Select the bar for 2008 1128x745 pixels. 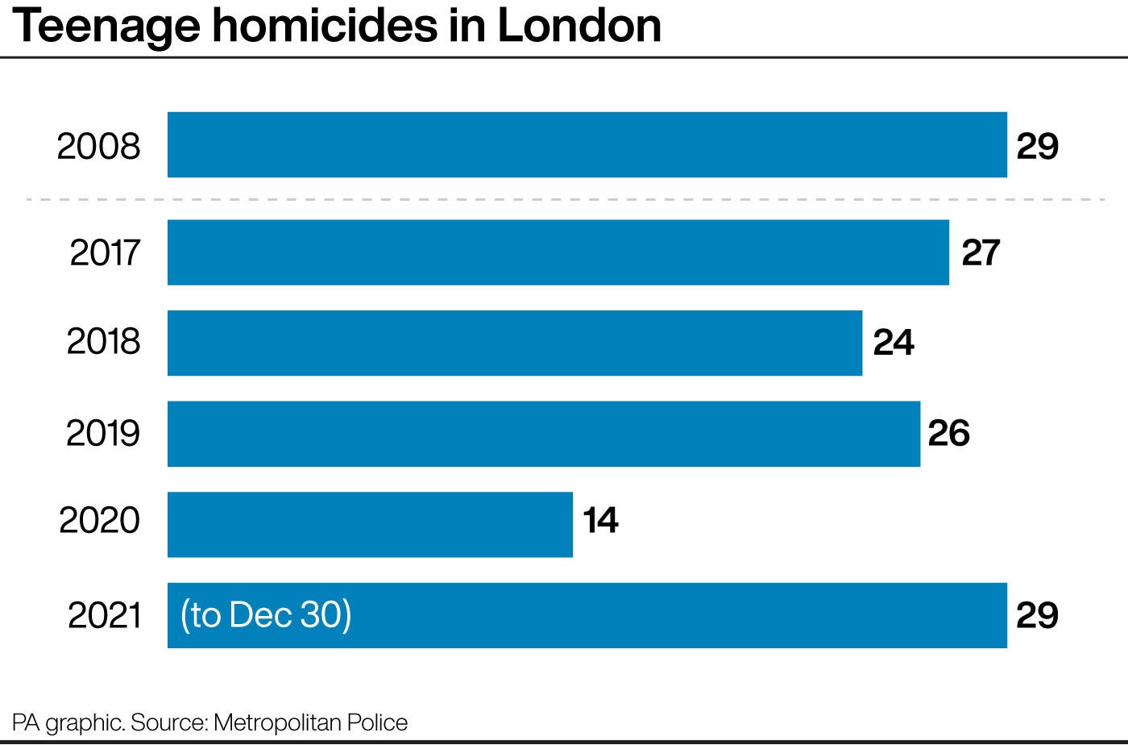click(587, 145)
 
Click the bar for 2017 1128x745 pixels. click(558, 252)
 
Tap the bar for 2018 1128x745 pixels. click(514, 343)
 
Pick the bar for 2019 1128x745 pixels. click(543, 434)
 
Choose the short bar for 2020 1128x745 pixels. click(370, 524)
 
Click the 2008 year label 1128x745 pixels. click(98, 146)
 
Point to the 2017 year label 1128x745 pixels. click(105, 252)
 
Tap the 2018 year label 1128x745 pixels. click(103, 342)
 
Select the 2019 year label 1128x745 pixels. click(103, 433)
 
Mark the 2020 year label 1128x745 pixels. click(100, 520)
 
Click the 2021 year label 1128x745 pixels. click(105, 615)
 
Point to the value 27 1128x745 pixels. click(981, 252)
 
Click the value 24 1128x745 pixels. click(894, 343)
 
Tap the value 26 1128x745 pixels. click(948, 433)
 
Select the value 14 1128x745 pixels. click(600, 520)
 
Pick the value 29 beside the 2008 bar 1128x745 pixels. click(1037, 146)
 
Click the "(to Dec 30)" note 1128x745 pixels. click(266, 615)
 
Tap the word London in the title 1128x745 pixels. click(579, 26)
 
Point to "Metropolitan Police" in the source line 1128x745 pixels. click(311, 722)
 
